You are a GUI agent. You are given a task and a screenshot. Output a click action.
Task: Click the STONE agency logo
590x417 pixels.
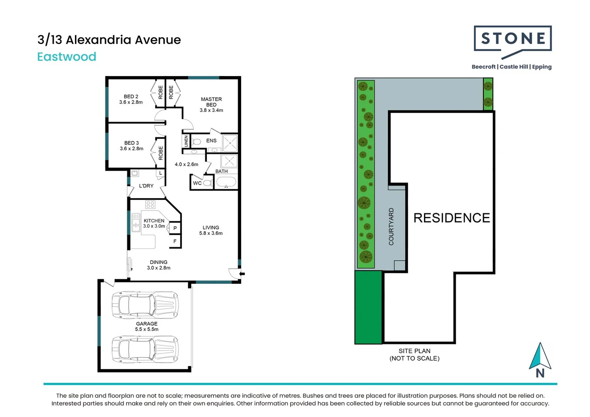point(512,42)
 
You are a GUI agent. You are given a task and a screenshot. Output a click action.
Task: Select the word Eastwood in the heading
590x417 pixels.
point(67,57)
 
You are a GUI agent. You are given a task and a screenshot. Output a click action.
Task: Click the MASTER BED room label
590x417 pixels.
point(211,102)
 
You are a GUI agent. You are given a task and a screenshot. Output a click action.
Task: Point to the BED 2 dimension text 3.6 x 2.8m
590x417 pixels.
point(131,102)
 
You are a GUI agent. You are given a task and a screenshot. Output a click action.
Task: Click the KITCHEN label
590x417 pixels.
point(154,220)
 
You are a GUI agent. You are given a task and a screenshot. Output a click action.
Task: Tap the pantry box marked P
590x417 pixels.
point(175,228)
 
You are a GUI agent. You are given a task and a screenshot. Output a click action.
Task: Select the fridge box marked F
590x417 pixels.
point(175,241)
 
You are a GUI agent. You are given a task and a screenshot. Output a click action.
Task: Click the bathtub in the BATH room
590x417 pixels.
point(226,181)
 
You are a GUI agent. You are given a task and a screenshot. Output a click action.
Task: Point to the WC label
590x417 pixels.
point(197,183)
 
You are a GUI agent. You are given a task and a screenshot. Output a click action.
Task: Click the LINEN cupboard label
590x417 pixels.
point(186,141)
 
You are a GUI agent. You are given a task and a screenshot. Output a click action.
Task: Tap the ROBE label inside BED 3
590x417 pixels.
point(161,153)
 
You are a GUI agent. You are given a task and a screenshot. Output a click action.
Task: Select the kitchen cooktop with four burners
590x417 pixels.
point(150,205)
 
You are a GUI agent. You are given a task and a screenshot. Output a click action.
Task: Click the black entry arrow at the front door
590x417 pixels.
point(242,274)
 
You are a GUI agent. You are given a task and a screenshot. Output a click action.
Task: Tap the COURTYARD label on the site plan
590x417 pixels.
point(391,227)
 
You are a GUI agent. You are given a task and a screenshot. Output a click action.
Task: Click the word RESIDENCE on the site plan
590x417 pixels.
point(452,218)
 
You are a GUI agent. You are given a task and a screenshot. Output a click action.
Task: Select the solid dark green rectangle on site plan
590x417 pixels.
point(368,307)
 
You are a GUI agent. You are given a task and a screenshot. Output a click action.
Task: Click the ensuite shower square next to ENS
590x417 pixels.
point(230,143)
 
